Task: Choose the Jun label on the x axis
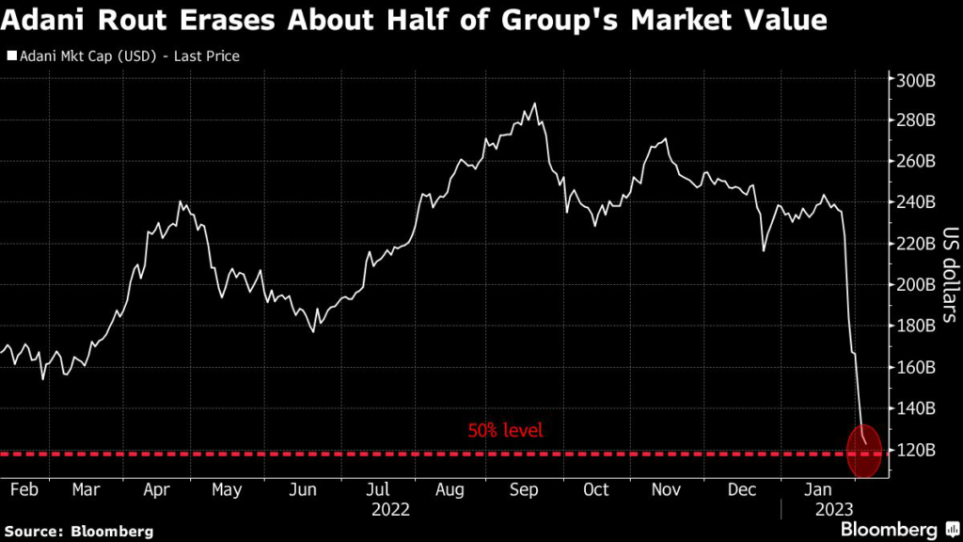pos(303,489)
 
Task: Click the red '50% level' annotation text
pos(505,431)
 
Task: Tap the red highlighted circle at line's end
pos(865,451)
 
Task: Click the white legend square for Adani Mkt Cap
pos(11,56)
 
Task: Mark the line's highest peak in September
pos(535,104)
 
